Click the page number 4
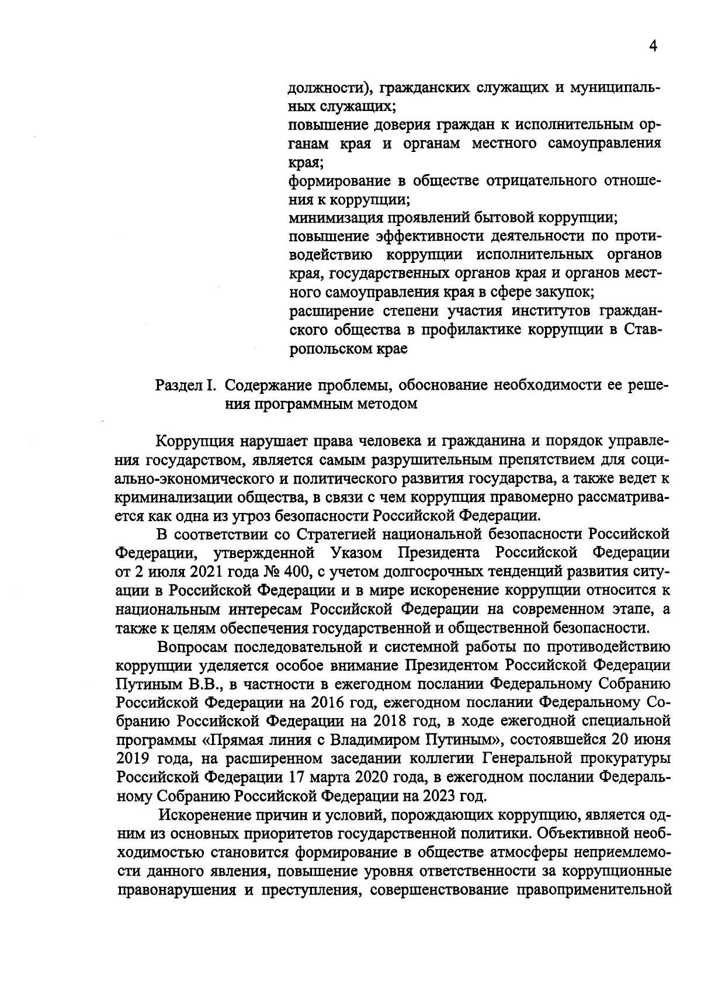[653, 47]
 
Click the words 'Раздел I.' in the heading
[186, 386]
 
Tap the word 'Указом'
[356, 552]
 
